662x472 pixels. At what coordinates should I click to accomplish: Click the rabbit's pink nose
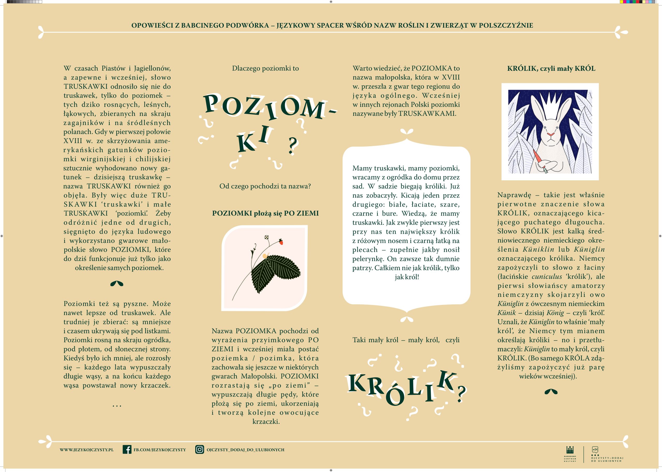(550, 135)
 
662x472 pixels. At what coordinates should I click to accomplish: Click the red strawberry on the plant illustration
(281, 242)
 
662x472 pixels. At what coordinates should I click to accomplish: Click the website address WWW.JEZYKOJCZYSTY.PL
(86, 449)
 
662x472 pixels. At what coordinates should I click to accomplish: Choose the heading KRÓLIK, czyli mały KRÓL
(551, 69)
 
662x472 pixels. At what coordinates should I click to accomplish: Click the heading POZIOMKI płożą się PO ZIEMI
(265, 213)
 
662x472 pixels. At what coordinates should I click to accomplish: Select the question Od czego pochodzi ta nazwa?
(265, 186)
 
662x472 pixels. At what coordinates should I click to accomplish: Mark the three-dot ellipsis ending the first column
(117, 405)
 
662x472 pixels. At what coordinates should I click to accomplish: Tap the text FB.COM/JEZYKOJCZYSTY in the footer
(159, 449)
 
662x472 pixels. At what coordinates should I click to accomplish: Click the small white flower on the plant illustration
(266, 237)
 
